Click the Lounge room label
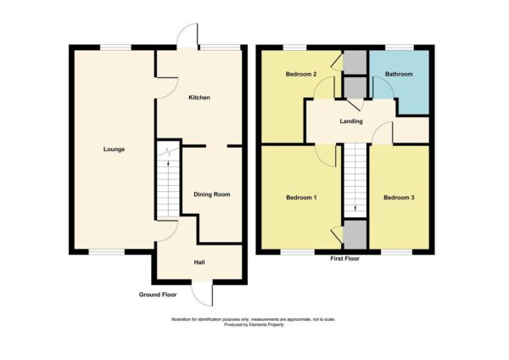(114, 149)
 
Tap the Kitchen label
(199, 98)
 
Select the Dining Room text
(212, 194)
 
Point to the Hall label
(199, 262)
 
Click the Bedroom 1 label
(301, 198)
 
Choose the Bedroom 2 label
(301, 74)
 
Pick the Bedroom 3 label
(399, 198)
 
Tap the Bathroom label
(399, 74)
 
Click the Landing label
(351, 121)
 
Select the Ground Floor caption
(158, 295)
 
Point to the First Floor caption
(344, 259)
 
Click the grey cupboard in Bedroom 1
(355, 234)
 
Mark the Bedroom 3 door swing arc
(378, 127)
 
